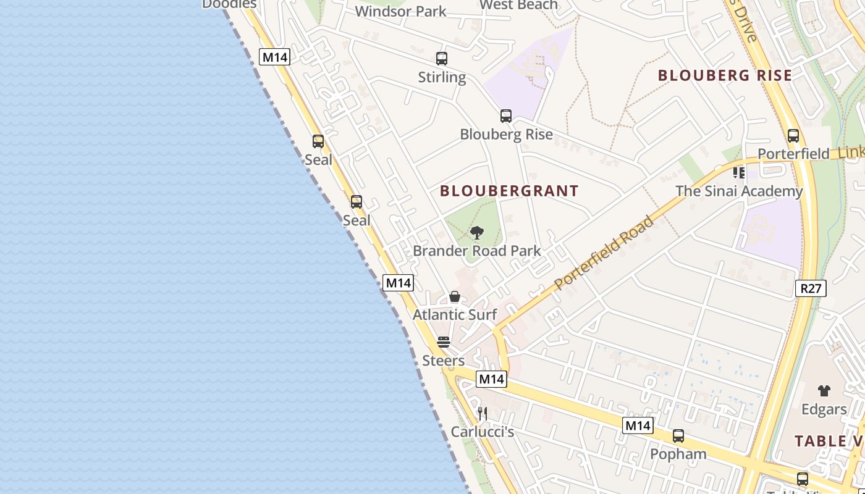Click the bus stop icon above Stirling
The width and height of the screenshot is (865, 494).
point(441,59)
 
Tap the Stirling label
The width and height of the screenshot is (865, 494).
point(442,77)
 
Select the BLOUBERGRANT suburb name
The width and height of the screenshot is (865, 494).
point(509,191)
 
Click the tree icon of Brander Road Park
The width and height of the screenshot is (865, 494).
point(476,233)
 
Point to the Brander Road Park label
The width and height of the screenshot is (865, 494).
point(476,251)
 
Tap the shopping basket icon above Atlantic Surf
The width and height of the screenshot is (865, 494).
point(455,296)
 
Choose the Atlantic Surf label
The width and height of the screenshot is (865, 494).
point(455,314)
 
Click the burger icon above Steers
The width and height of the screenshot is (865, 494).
point(443,342)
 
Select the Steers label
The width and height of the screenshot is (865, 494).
point(443,361)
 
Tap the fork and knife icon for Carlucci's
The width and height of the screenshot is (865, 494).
point(483,413)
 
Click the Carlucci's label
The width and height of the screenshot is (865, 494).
point(483,432)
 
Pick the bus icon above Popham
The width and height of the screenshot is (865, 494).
point(678,436)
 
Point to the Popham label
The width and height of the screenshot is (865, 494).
point(678,454)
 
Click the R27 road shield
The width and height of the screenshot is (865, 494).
point(810,288)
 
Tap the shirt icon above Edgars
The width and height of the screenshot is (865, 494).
point(824,390)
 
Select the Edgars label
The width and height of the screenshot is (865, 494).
point(824,409)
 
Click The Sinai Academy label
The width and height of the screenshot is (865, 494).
point(739,191)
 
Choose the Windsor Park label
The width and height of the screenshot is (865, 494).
point(400,11)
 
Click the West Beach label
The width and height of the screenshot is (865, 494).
point(518,5)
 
